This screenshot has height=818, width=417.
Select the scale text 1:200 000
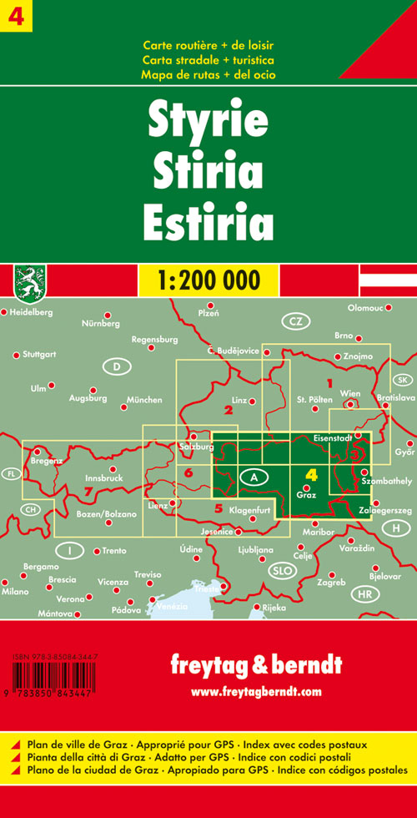coord(208,279)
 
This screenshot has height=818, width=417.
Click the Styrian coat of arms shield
coord(30,280)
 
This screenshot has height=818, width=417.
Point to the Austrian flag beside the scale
coord(387,280)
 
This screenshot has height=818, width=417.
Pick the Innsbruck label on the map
coord(104,478)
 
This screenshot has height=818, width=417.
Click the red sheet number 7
coord(88,492)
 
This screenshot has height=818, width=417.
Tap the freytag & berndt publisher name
coord(255,666)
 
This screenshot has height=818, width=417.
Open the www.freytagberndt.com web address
coord(256,691)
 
